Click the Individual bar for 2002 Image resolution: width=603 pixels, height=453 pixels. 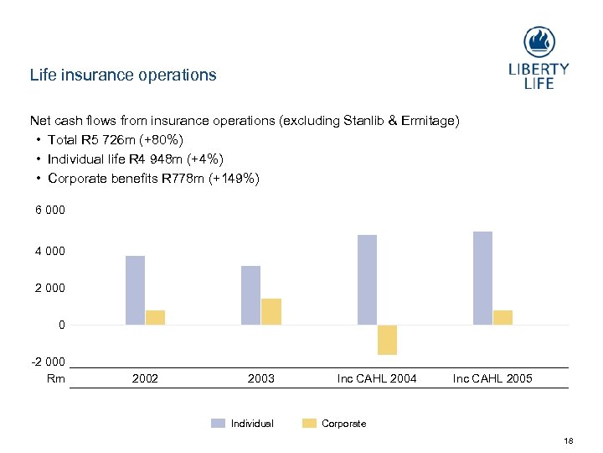click(x=135, y=290)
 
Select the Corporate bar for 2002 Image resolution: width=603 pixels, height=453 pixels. click(x=155, y=317)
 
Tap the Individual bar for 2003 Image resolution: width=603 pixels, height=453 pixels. click(x=250, y=295)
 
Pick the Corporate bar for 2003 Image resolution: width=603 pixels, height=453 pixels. click(x=271, y=311)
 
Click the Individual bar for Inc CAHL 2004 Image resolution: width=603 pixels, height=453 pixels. click(x=367, y=279)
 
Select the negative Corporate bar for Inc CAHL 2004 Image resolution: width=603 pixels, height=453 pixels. click(x=387, y=340)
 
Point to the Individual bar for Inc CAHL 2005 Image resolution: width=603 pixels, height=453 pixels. click(x=482, y=278)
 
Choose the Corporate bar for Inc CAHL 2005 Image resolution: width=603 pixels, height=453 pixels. click(x=502, y=317)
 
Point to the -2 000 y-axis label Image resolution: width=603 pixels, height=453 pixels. click(x=47, y=362)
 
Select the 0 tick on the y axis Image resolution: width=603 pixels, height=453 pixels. click(x=61, y=325)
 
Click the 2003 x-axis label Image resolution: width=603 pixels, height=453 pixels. click(x=261, y=378)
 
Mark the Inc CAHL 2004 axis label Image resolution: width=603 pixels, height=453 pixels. click(x=377, y=378)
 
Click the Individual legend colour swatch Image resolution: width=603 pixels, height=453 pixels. click(x=218, y=424)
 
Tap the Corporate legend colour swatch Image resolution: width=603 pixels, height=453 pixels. click(x=309, y=424)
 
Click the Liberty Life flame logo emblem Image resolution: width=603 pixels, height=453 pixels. click(x=539, y=43)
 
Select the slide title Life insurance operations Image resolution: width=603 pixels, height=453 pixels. click(x=123, y=75)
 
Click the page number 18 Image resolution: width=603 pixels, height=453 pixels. click(x=569, y=441)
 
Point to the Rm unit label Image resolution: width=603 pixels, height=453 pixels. click(x=55, y=378)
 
